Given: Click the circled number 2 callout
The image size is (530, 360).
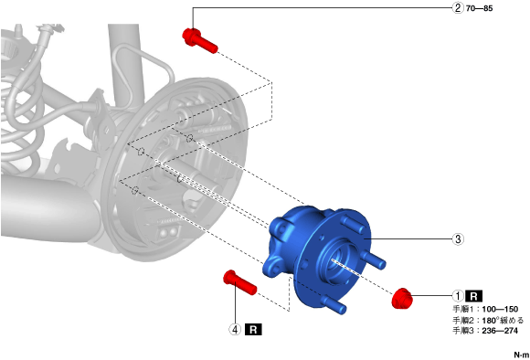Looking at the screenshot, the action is coord(458,8).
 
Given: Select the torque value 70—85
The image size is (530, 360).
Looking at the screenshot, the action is coord(480,8).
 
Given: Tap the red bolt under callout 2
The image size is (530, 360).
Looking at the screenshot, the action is coord(199,40).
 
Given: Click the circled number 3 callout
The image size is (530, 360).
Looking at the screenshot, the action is coord(458,239).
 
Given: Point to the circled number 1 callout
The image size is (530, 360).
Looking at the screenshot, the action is coord(458,296).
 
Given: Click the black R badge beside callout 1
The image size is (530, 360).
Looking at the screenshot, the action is coord(474,296).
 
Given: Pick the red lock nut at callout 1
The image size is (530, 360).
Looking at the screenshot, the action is coord(402,298).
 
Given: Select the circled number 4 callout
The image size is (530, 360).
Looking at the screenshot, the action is coord(235,329).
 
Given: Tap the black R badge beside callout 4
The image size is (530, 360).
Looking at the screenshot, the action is coord(253,329).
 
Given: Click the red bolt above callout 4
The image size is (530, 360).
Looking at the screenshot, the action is coord(239,282).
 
